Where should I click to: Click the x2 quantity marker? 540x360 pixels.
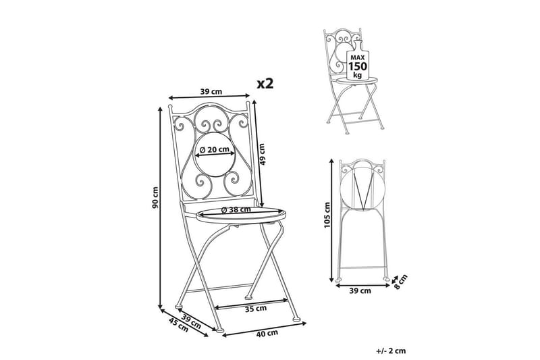pyautogui.click(x=265, y=83)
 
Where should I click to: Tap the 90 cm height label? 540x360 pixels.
pyautogui.click(x=155, y=198)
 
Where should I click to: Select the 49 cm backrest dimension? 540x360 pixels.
pyautogui.click(x=263, y=154)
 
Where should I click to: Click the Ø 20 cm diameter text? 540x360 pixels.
pyautogui.click(x=215, y=149)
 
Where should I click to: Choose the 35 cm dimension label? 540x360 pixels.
pyautogui.click(x=256, y=309)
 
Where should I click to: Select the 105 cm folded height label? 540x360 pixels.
pyautogui.click(x=327, y=215)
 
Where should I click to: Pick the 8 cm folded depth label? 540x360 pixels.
pyautogui.click(x=400, y=282)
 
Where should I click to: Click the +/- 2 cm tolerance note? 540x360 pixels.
pyautogui.click(x=391, y=351)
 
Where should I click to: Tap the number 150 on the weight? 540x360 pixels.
pyautogui.click(x=358, y=66)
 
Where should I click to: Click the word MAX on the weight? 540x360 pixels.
pyautogui.click(x=358, y=57)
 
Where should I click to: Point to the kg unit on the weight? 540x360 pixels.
pyautogui.click(x=358, y=75)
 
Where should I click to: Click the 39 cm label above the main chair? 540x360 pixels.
pyautogui.click(x=211, y=92)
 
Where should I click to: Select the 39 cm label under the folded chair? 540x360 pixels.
pyautogui.click(x=360, y=290)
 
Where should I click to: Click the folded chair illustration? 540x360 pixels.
pyautogui.click(x=362, y=220)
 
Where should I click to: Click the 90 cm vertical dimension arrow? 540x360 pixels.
pyautogui.click(x=160, y=208)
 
